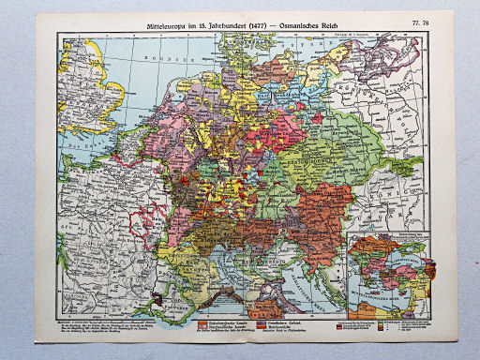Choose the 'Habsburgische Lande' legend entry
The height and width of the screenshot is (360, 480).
point(230,321)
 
